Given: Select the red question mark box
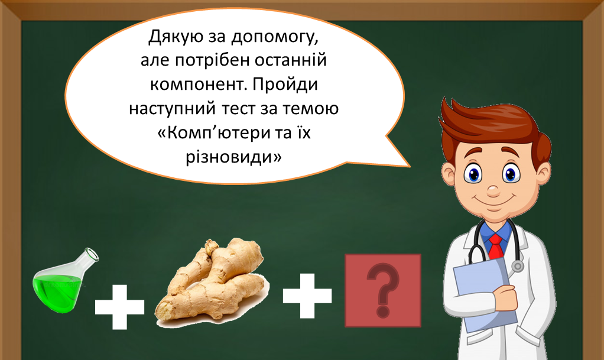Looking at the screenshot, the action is tap(382, 291).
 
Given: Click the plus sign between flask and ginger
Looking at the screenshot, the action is tap(119, 307).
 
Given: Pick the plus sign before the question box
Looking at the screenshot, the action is tap(307, 296).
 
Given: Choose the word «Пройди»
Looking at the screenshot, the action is tap(285, 84).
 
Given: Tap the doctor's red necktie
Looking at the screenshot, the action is tap(496, 246).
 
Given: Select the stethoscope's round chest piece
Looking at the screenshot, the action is tap(517, 266).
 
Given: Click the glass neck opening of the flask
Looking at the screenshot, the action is tap(92, 255).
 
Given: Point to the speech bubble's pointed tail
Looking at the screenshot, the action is tap(409, 167).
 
